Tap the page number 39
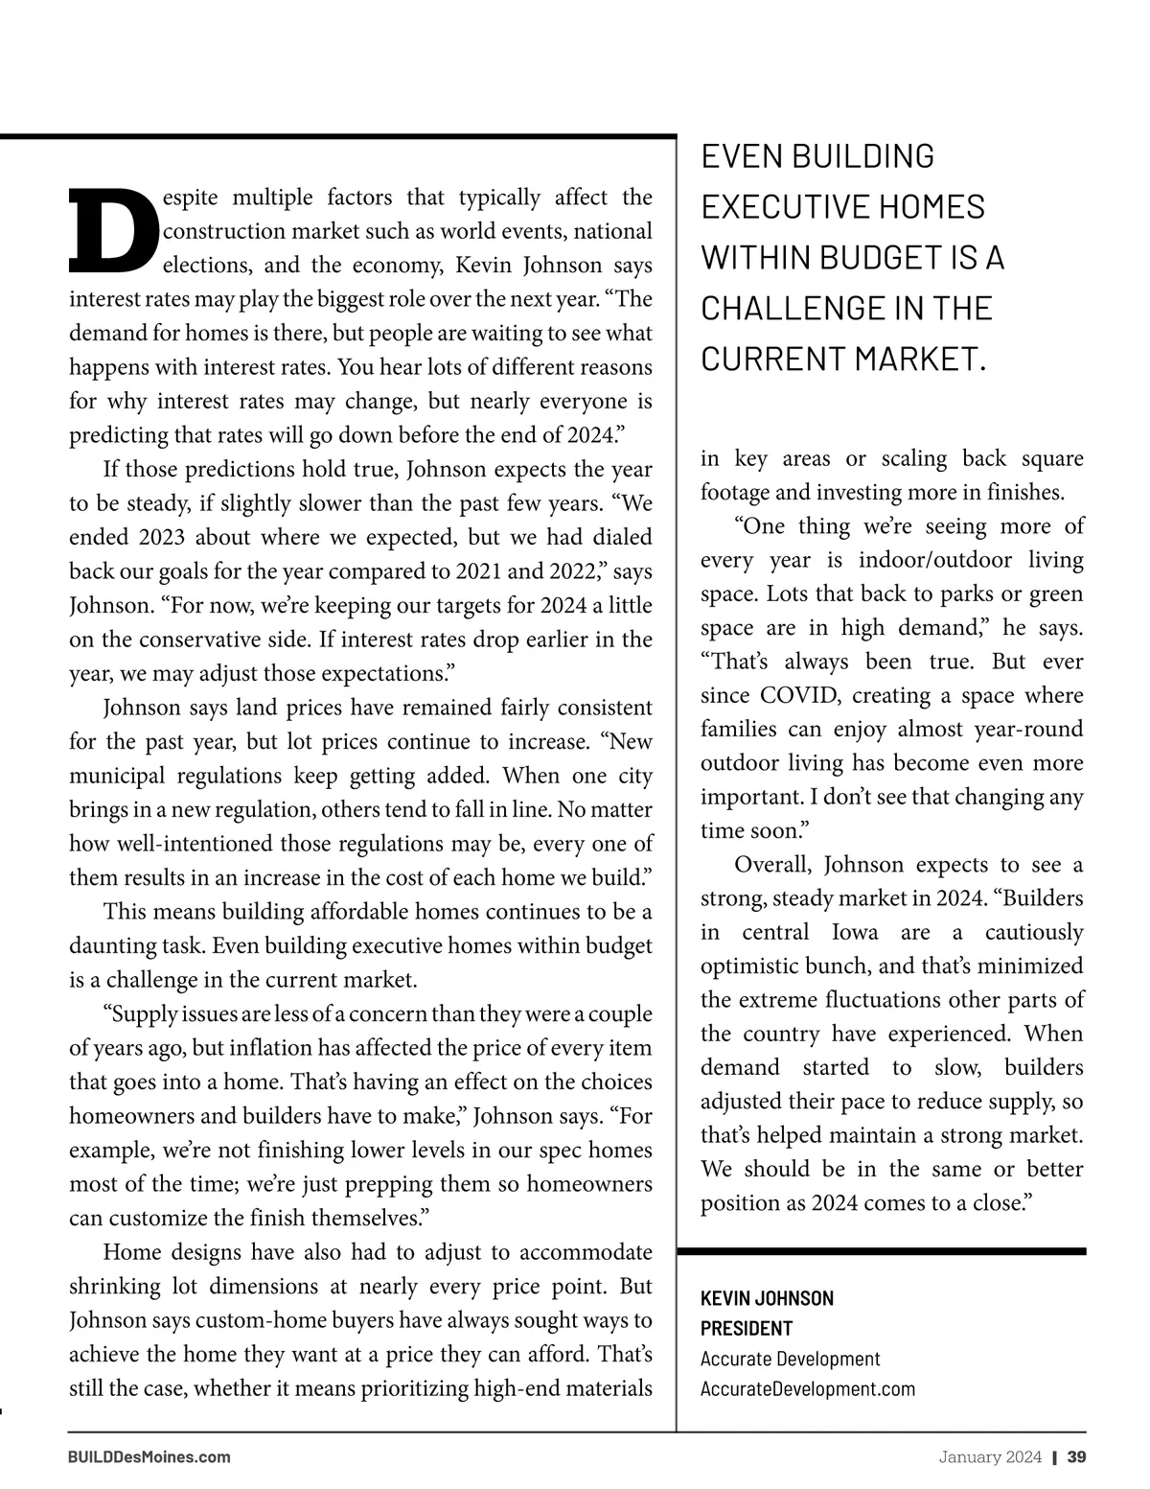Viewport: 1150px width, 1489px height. coord(1076,1457)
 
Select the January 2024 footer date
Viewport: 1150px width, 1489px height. coord(990,1457)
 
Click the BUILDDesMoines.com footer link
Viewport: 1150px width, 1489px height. coord(149,1457)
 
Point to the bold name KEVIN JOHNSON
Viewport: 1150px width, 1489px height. coord(767,1298)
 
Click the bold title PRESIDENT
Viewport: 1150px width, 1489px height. coord(747,1329)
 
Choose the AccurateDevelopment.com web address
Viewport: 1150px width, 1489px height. coord(808,1388)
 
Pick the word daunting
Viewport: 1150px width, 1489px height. coord(105,945)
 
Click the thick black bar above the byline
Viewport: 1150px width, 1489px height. coord(882,1251)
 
